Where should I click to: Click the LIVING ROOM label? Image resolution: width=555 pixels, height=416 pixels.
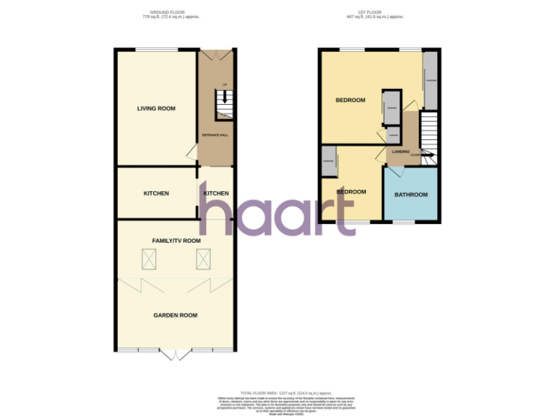(x=157, y=108)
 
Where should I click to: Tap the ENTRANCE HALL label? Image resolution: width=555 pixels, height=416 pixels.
(x=215, y=135)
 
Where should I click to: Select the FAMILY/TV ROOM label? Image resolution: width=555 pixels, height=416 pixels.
(x=176, y=240)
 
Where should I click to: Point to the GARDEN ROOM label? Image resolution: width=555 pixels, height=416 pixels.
(x=175, y=315)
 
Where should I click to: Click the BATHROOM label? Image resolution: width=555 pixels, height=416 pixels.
(x=410, y=194)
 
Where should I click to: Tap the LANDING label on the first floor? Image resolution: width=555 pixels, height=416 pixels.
(x=400, y=152)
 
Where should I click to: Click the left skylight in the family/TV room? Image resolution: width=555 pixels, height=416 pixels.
(x=150, y=259)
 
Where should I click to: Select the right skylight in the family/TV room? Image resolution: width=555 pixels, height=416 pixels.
(x=205, y=259)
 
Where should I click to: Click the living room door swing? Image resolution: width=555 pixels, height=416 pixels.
(x=192, y=152)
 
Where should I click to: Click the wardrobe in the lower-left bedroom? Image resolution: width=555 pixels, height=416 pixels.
(x=329, y=162)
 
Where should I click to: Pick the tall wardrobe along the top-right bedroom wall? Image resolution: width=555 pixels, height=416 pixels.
(x=430, y=80)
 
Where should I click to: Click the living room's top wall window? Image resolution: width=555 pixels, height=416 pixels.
(x=157, y=49)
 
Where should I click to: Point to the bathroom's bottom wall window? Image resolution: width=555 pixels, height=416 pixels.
(x=403, y=222)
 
